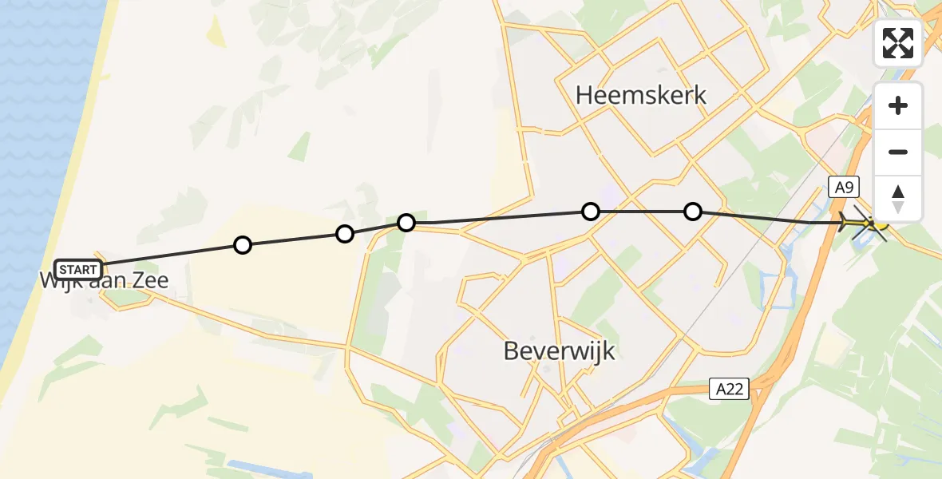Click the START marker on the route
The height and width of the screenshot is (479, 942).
click(x=78, y=269)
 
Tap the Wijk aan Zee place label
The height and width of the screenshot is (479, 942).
click(x=104, y=281)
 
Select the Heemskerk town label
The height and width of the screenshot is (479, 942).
click(x=641, y=96)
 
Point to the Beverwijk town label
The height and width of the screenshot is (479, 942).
click(x=560, y=350)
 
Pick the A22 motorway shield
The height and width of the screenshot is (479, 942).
click(x=729, y=390)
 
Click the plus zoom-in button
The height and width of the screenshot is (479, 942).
click(x=898, y=106)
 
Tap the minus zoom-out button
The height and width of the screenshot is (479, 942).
click(x=898, y=152)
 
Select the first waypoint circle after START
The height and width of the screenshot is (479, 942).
click(x=243, y=245)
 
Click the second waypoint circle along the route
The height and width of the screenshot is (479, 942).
click(x=345, y=234)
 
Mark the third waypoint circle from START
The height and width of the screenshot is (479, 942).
click(x=406, y=222)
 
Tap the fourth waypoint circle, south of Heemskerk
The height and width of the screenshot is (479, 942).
click(x=591, y=212)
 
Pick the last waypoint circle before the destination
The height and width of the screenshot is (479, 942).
click(x=693, y=212)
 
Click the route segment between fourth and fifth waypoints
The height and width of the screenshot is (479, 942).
click(x=642, y=212)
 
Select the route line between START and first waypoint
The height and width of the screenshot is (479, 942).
click(x=172, y=255)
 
